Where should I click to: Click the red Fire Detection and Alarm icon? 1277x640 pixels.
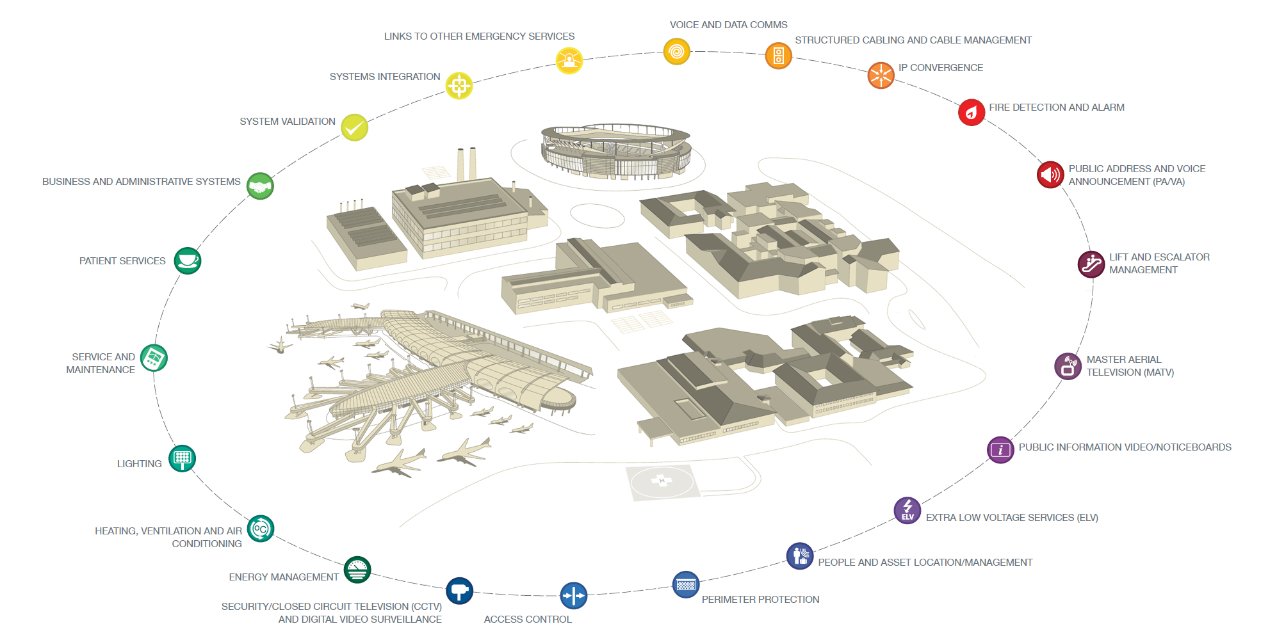pyautogui.click(x=971, y=113)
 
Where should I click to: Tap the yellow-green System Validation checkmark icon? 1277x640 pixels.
pyautogui.click(x=354, y=127)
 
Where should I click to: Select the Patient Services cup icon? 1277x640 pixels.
pyautogui.click(x=188, y=260)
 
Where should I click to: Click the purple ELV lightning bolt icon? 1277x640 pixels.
pyautogui.click(x=907, y=510)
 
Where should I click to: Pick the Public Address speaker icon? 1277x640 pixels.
pyautogui.click(x=1050, y=174)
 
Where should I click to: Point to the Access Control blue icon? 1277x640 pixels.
pyautogui.click(x=573, y=595)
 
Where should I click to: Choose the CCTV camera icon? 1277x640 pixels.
pyautogui.click(x=459, y=591)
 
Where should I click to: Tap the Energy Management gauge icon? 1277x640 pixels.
pyautogui.click(x=357, y=570)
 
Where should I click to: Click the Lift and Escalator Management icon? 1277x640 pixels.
pyautogui.click(x=1091, y=264)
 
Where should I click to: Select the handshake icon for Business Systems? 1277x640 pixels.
pyautogui.click(x=260, y=186)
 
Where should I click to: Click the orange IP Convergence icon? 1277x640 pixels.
pyautogui.click(x=881, y=75)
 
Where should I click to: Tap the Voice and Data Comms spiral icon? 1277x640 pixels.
pyautogui.click(x=676, y=51)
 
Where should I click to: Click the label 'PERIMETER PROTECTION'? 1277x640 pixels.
pyautogui.click(x=760, y=600)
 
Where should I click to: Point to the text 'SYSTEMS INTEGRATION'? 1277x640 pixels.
pyautogui.click(x=384, y=77)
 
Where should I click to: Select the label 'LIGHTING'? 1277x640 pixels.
pyautogui.click(x=139, y=464)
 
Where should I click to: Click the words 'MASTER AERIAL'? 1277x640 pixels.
pyautogui.click(x=1123, y=360)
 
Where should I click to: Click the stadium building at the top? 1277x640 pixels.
pyautogui.click(x=615, y=151)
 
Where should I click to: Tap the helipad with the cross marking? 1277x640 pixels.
pyautogui.click(x=661, y=481)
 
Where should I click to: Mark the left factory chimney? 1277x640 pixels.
pyautogui.click(x=460, y=165)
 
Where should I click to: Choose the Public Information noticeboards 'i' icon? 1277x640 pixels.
pyautogui.click(x=1000, y=450)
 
